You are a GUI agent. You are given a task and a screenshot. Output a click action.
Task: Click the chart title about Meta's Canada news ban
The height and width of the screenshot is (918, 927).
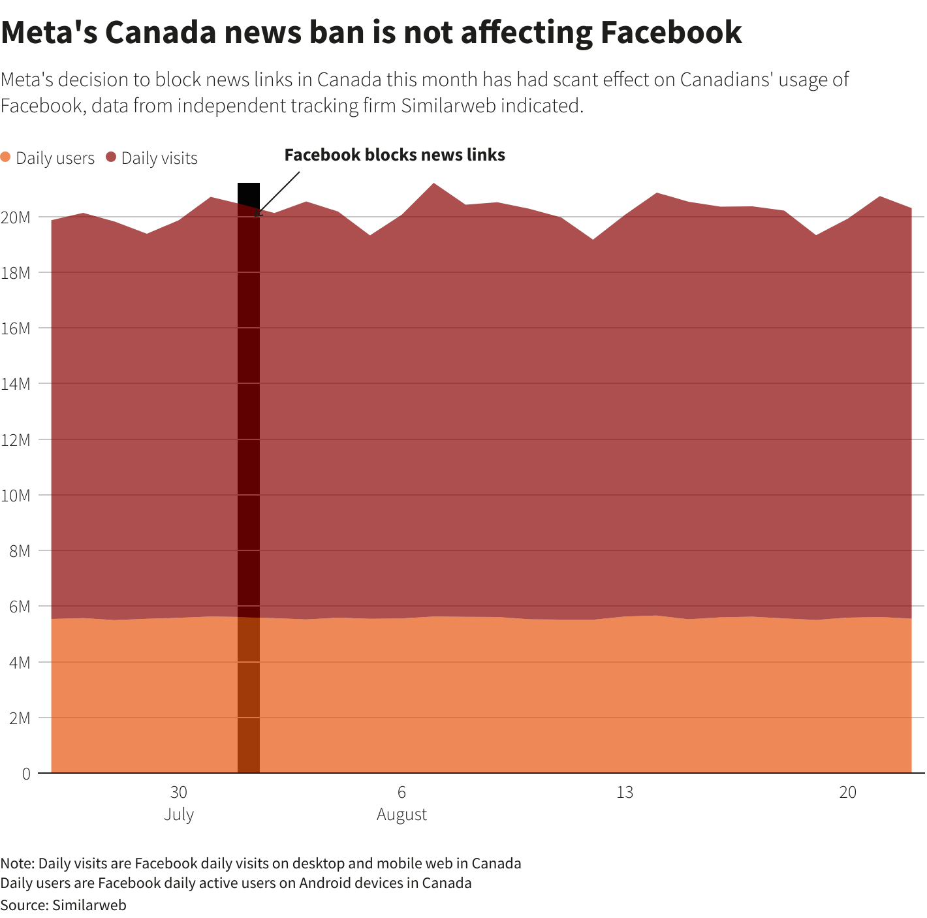(371, 33)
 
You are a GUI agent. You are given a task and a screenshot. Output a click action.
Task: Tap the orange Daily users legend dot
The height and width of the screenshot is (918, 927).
(6, 157)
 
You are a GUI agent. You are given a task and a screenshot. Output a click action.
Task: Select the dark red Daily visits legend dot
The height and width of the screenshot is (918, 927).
(111, 157)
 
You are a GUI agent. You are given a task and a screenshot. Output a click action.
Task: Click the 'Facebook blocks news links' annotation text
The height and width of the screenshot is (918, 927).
(394, 155)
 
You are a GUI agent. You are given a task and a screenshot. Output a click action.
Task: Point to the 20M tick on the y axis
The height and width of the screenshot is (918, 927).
(16, 217)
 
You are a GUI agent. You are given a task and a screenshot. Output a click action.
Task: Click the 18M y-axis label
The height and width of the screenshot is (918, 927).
(16, 272)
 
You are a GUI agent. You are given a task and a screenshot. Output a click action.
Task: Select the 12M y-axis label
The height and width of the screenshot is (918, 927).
(16, 439)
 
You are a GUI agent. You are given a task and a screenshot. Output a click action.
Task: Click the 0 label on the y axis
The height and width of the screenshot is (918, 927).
(26, 774)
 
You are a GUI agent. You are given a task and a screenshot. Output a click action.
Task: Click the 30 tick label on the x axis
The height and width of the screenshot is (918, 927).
(178, 793)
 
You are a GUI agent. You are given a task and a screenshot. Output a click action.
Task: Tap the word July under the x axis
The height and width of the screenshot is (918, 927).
(178, 815)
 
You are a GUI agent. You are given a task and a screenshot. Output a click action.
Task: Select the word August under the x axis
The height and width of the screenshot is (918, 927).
(401, 815)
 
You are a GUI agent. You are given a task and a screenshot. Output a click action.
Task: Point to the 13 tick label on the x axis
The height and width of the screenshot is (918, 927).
(625, 793)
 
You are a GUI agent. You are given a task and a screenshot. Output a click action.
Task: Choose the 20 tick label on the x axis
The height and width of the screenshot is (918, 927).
(847, 793)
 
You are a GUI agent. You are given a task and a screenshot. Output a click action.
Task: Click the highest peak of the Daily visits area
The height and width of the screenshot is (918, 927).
(434, 184)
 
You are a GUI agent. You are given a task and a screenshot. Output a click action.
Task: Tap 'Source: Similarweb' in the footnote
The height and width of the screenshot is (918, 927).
(63, 905)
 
